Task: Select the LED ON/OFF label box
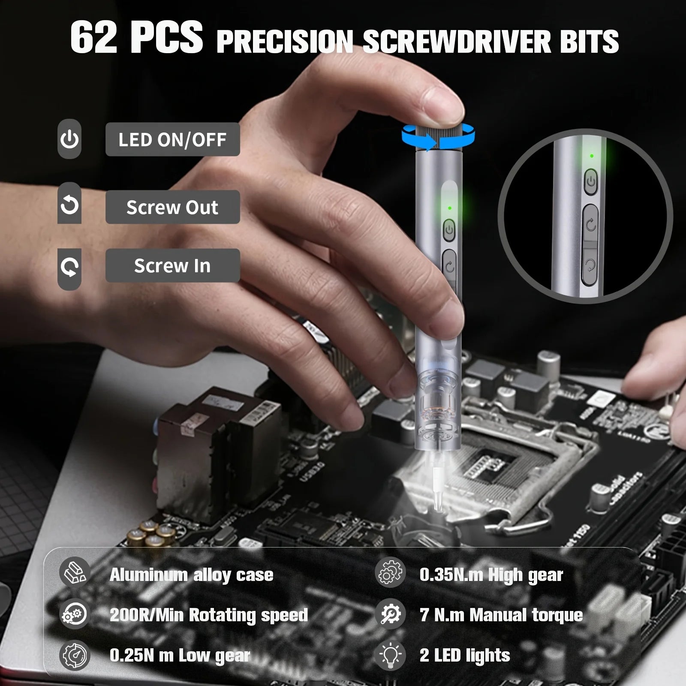[x=172, y=139]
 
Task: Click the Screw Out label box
[x=172, y=207]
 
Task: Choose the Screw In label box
[x=172, y=266]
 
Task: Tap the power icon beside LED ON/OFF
[x=69, y=139]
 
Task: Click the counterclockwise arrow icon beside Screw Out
[x=69, y=205]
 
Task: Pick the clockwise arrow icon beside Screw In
[x=69, y=267]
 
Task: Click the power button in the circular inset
[x=591, y=182]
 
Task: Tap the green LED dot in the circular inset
[x=592, y=156]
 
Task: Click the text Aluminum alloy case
[x=191, y=575]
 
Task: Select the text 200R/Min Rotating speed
[x=209, y=615]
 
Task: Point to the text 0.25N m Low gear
[x=180, y=655]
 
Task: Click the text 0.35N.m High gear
[x=491, y=575]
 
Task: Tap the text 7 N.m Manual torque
[x=501, y=615]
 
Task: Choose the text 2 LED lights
[x=465, y=655]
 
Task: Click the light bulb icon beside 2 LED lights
[x=390, y=656]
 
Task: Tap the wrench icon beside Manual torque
[x=390, y=614]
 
